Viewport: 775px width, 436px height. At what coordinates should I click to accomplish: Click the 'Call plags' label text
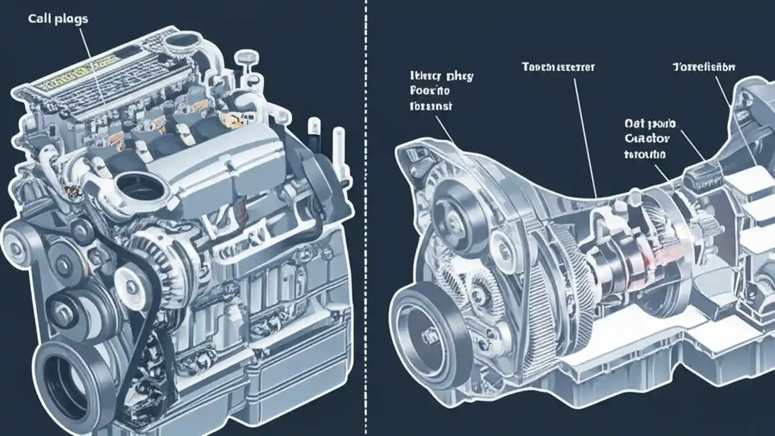[x=58, y=19]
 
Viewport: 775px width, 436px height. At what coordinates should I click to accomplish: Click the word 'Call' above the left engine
[x=39, y=19]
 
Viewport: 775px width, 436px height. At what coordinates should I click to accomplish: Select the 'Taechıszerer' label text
[x=558, y=67]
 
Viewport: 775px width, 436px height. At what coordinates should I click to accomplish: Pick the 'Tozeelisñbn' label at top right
[x=704, y=67]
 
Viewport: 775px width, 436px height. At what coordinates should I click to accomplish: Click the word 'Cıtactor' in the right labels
[x=647, y=139]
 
